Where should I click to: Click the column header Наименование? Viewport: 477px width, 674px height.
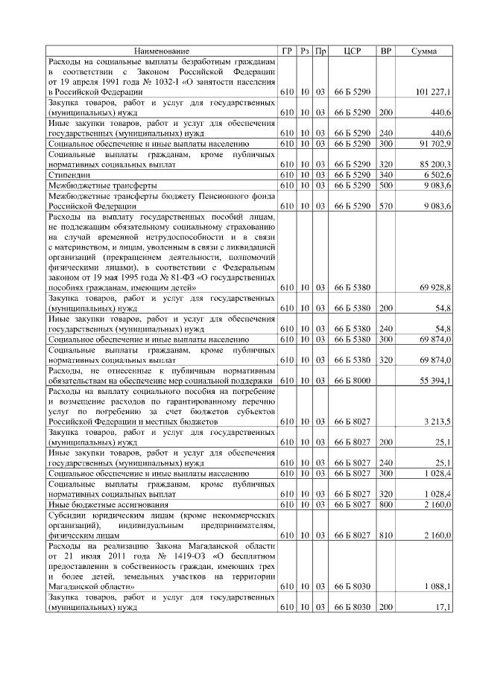pyautogui.click(x=162, y=50)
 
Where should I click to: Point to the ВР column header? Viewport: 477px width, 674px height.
pyautogui.click(x=385, y=50)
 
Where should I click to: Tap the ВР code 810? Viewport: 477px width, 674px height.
pyautogui.click(x=385, y=535)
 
